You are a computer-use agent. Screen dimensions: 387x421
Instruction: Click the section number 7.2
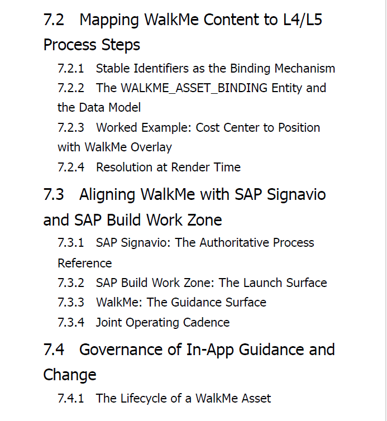point(54,20)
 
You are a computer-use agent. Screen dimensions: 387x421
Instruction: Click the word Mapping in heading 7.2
point(109,21)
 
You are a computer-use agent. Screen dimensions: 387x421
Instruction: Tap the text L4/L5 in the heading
point(303,20)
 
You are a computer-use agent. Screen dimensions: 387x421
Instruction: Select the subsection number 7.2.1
point(71,69)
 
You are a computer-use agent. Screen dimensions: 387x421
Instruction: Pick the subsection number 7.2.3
point(71,127)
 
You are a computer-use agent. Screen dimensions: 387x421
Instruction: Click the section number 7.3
point(54,195)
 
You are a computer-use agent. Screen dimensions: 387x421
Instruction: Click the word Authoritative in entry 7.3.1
point(235,242)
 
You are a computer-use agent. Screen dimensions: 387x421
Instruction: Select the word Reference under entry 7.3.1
point(84,263)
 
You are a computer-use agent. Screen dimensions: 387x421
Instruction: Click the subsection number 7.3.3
point(71,302)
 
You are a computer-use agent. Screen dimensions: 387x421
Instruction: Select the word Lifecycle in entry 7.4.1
point(143,399)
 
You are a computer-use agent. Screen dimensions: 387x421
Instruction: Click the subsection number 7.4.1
point(71,399)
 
